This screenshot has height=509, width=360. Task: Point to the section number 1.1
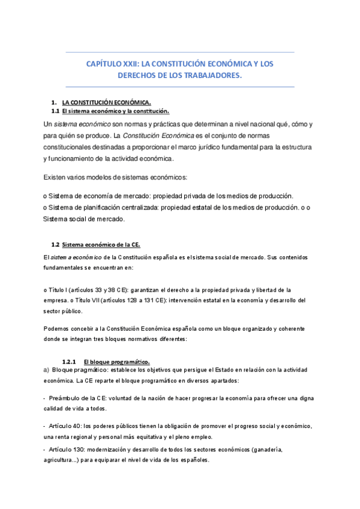click(55, 111)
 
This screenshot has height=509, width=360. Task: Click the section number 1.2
click(56, 244)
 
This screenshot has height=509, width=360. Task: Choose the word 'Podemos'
click(58, 328)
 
